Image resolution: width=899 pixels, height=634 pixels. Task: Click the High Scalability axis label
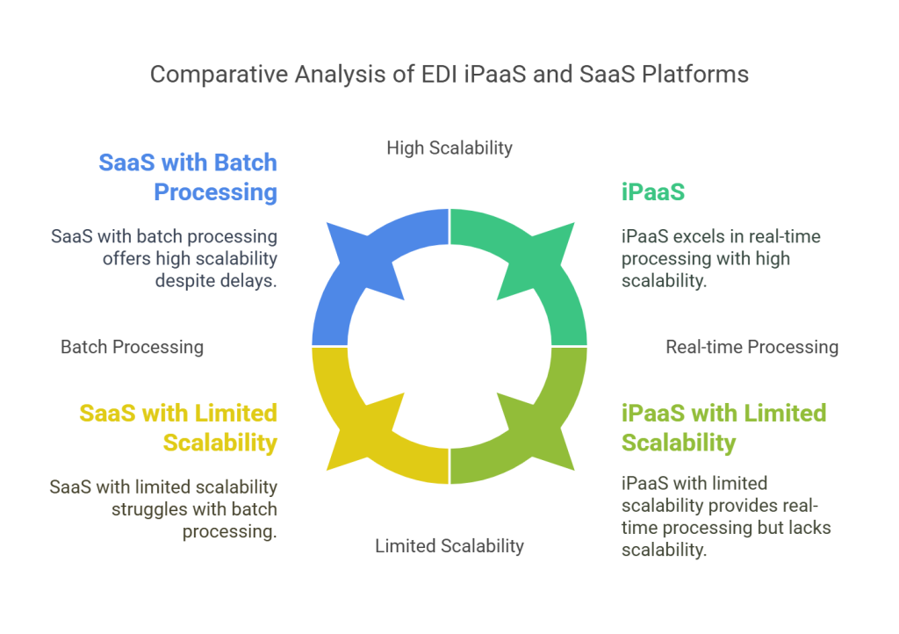(x=449, y=148)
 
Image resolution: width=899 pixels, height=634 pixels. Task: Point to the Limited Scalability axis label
(x=449, y=545)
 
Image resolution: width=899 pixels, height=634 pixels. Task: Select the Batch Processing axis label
(x=132, y=347)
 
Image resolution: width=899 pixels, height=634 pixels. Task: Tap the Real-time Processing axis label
(x=752, y=347)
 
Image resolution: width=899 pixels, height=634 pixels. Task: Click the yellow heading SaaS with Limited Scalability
(x=181, y=428)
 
